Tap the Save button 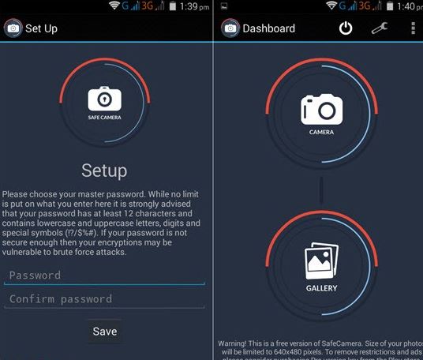point(104,332)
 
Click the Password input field point(104,276)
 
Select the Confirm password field point(104,299)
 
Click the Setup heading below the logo point(104,171)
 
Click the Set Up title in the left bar point(41,29)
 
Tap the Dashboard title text point(268,29)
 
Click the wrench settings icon point(380,28)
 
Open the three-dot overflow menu point(413,28)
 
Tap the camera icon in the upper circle point(321,108)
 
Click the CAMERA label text point(321,133)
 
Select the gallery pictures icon point(321,261)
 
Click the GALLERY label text point(321,288)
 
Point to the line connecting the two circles point(321,189)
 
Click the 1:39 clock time point(190,6)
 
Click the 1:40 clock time point(404,6)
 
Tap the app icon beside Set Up point(13,29)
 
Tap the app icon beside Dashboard point(230,29)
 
